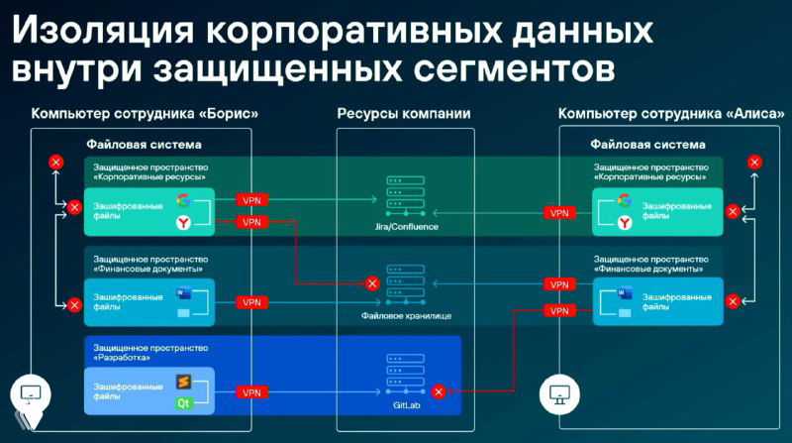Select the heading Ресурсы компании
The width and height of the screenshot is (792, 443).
tap(404, 113)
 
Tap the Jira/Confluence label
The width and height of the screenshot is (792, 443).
tap(403, 227)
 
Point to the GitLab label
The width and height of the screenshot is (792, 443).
tap(404, 405)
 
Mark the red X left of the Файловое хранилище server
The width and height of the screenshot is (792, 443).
tap(372, 283)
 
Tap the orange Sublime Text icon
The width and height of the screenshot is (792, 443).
tap(183, 380)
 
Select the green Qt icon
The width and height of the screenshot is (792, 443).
tap(183, 402)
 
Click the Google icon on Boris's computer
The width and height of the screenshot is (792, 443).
tap(183, 200)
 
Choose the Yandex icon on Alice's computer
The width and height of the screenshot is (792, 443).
tap(625, 223)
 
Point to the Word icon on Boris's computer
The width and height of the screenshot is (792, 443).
tap(183, 293)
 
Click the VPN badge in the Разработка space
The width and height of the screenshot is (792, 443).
tap(251, 391)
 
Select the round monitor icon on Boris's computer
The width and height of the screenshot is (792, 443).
tap(29, 393)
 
